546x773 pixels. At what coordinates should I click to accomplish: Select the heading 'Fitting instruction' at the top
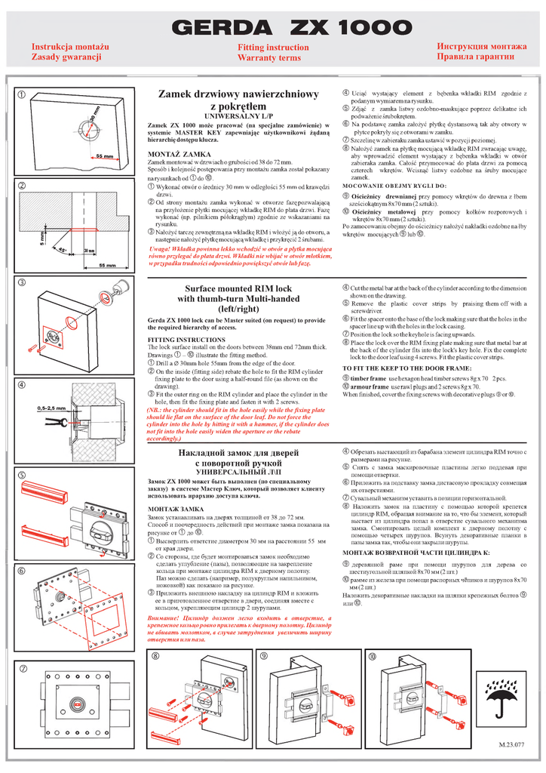click(x=272, y=47)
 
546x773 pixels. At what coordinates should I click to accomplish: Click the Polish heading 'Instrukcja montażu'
click(x=69, y=47)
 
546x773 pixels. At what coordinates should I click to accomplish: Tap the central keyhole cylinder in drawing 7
click(x=78, y=704)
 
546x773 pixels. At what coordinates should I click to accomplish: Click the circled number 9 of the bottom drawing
click(x=265, y=657)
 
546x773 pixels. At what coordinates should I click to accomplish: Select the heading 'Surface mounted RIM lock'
click(x=238, y=289)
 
